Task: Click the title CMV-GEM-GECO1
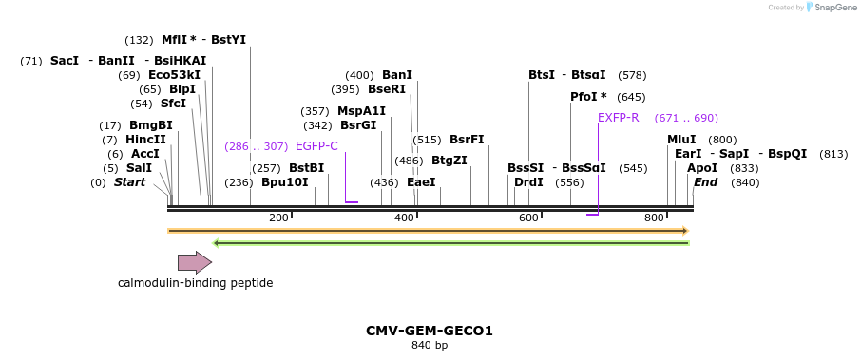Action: (x=430, y=331)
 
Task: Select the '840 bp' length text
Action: (x=430, y=346)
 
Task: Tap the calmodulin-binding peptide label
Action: (x=195, y=283)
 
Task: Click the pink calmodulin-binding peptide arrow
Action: (x=194, y=262)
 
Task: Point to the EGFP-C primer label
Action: (x=316, y=146)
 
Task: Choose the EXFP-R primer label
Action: (x=618, y=118)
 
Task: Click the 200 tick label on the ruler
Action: (x=278, y=218)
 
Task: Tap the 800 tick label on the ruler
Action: (x=654, y=218)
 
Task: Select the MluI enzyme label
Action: (x=681, y=140)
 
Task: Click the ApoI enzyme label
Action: (x=702, y=168)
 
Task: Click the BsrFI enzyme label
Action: (x=467, y=140)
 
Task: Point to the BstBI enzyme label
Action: (x=306, y=168)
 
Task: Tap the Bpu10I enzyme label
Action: (x=285, y=182)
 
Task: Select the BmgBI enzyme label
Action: (x=151, y=125)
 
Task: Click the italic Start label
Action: (x=130, y=182)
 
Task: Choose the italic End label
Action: (x=705, y=182)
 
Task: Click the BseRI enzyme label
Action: (x=386, y=89)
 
